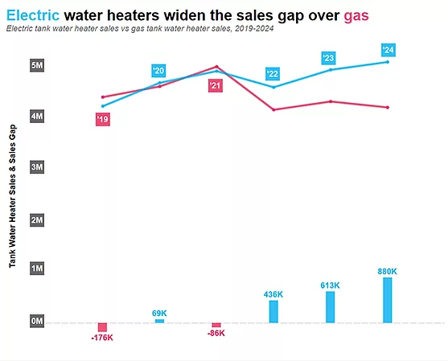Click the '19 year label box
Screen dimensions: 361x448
(102, 120)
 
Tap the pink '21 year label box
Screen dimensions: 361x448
(215, 85)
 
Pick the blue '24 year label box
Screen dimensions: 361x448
(388, 50)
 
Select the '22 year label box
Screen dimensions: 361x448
(273, 74)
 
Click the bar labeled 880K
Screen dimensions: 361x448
(388, 300)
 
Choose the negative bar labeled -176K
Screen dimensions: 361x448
(102, 327)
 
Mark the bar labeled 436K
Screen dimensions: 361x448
(273, 311)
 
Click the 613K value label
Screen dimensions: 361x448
(331, 285)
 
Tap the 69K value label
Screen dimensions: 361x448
(159, 313)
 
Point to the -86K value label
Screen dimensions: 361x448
(216, 334)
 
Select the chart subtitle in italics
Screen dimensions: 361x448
(140, 29)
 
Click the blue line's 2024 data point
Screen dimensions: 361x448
(388, 62)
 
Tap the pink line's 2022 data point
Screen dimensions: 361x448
(273, 109)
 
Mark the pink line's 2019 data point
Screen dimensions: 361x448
(102, 97)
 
